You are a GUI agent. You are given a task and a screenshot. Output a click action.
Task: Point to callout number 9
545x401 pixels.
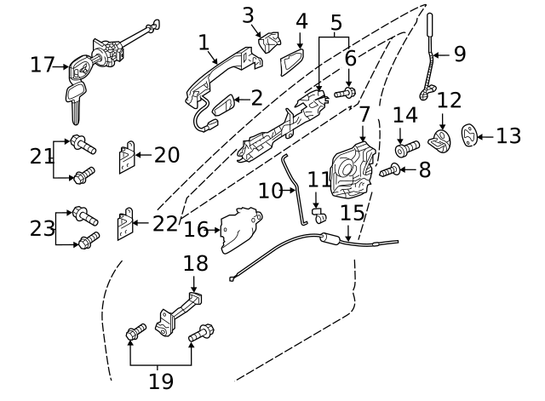pyautogui.click(x=459, y=54)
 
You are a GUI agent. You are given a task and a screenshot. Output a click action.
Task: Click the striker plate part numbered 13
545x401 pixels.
pyautogui.click(x=471, y=134)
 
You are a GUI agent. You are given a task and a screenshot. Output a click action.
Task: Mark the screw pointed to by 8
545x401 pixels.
pyautogui.click(x=390, y=171)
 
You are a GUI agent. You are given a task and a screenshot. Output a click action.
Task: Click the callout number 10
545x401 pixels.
pyautogui.click(x=270, y=191)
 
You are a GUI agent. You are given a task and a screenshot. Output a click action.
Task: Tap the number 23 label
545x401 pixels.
pyautogui.click(x=43, y=227)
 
